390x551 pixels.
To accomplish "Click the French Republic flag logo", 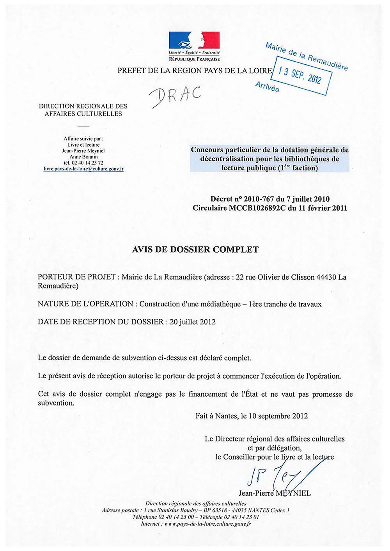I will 194,41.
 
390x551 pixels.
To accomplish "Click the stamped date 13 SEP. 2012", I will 300,76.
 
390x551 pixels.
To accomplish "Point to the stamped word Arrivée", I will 267,87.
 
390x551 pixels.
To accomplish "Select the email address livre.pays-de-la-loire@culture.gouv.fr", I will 83,169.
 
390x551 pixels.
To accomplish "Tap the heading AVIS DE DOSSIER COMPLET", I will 195,250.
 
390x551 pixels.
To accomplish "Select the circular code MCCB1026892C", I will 257,208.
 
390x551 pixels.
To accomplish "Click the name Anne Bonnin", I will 83,157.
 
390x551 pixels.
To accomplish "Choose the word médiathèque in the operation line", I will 220,304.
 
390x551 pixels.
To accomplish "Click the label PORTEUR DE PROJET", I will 76,277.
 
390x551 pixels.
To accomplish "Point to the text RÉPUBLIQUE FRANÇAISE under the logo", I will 194,59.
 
